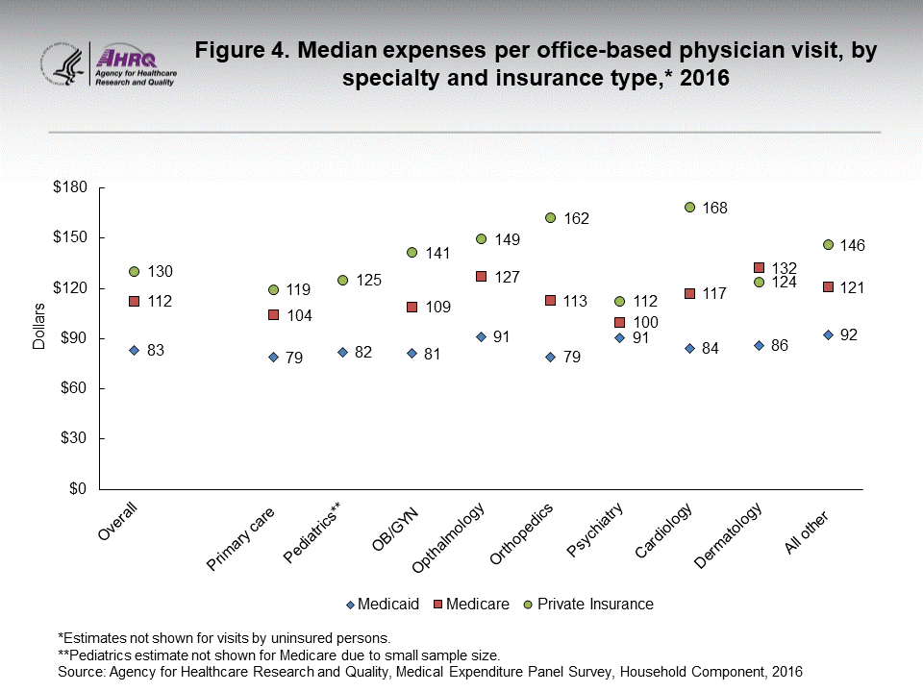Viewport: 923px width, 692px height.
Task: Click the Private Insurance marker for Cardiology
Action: click(x=689, y=207)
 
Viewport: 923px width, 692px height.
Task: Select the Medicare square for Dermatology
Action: click(x=759, y=267)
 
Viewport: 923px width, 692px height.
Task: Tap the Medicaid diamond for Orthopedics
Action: click(x=550, y=357)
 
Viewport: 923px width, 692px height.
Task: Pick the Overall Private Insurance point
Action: click(x=135, y=271)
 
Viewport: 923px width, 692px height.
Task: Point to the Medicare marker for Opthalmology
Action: click(x=481, y=276)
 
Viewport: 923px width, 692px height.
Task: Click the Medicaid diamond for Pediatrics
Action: click(x=342, y=352)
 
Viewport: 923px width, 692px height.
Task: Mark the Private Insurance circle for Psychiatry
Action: click(x=619, y=301)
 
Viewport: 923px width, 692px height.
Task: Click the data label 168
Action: click(x=714, y=208)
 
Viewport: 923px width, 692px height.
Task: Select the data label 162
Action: click(x=576, y=218)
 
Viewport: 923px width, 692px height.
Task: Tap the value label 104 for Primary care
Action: click(x=299, y=315)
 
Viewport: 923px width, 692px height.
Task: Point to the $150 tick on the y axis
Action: click(x=66, y=237)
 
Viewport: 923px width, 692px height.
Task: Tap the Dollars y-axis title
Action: click(x=39, y=327)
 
